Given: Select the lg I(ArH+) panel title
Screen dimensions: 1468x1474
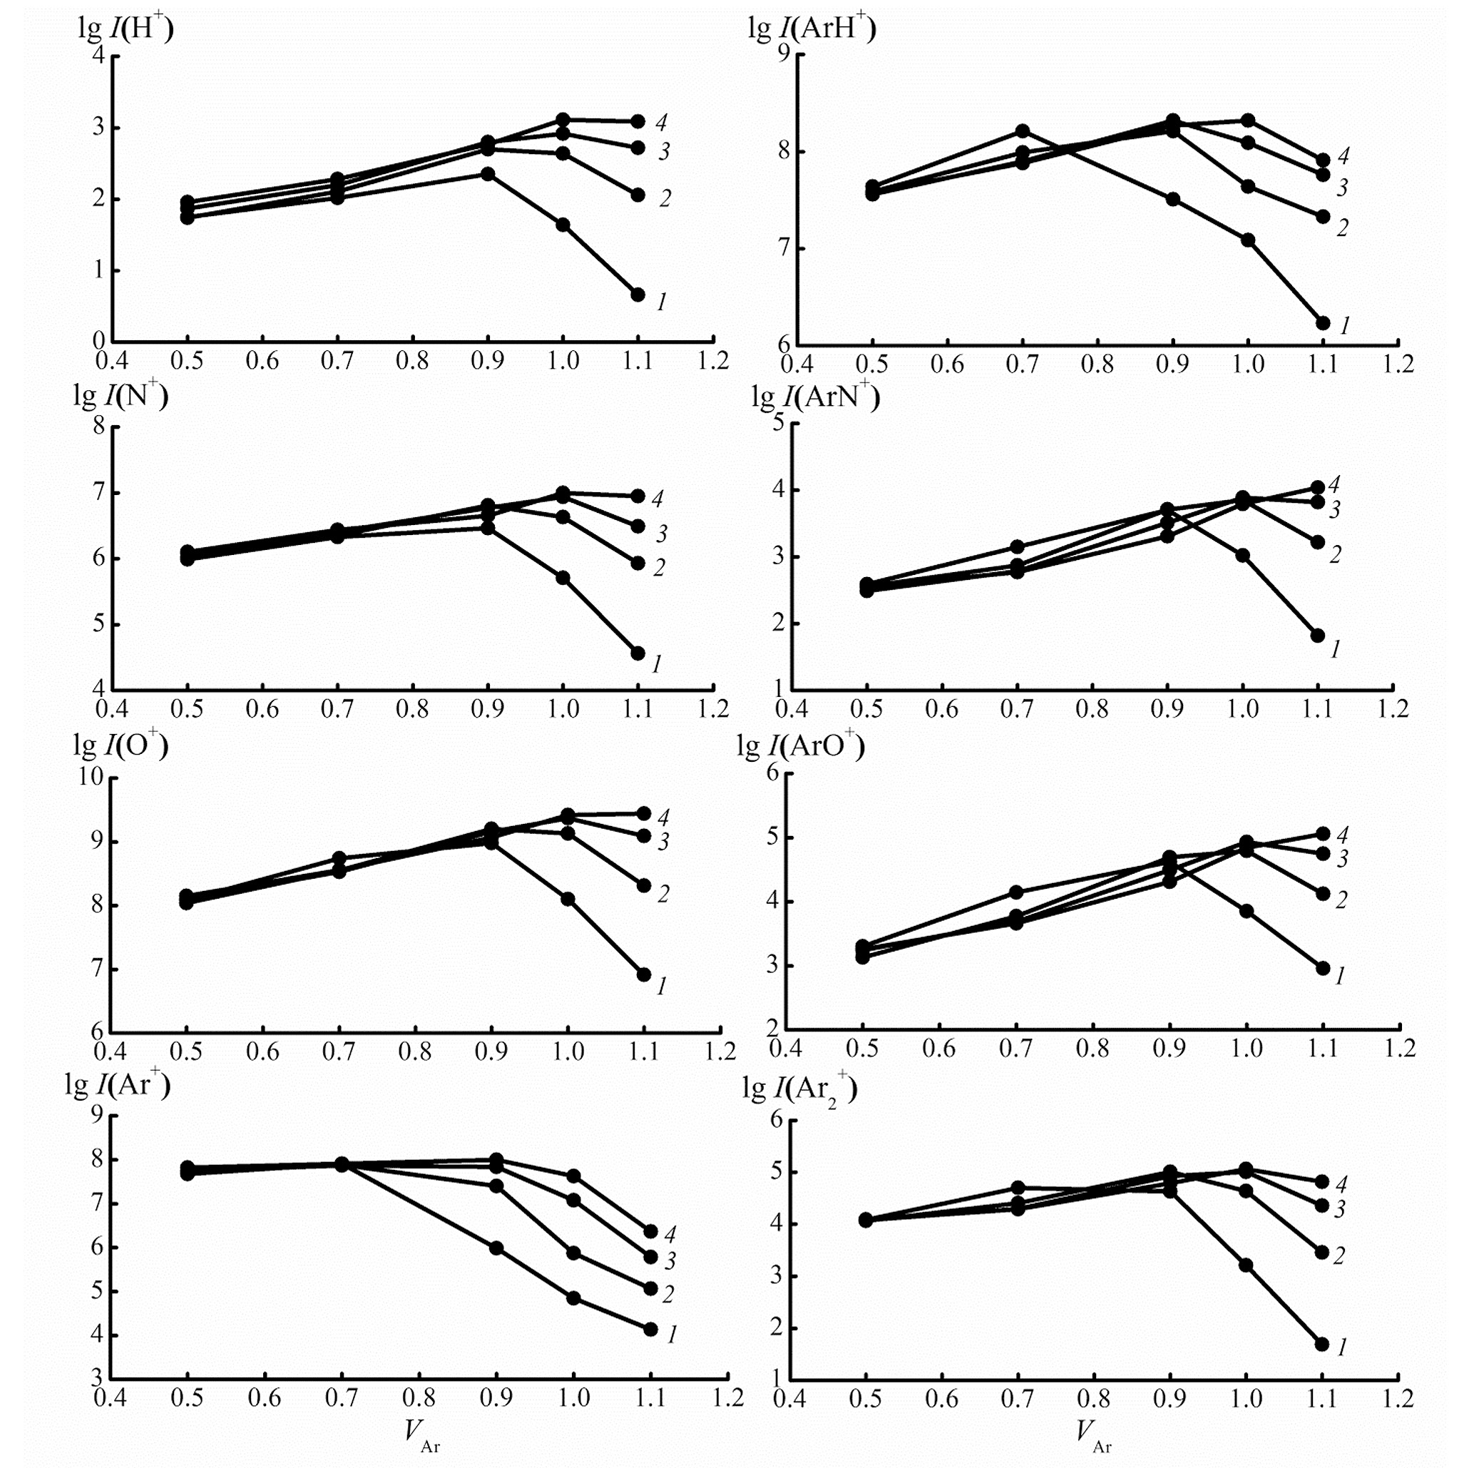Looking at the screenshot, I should coord(812,29).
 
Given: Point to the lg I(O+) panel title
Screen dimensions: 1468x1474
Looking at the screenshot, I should coord(121,745).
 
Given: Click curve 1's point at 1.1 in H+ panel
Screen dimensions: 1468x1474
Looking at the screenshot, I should coord(638,295).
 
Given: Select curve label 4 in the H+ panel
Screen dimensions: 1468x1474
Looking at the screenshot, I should coord(661,122).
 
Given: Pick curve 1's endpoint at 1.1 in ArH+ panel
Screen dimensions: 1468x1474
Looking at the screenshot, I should coord(1323,322).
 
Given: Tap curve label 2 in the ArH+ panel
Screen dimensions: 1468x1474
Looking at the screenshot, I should coord(1342,228).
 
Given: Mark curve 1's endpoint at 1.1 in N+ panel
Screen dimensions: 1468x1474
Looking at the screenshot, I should coord(638,653).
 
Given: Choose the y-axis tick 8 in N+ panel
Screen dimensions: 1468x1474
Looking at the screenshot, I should coord(99,426).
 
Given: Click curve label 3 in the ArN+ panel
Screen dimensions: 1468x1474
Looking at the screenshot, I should coord(1334,510).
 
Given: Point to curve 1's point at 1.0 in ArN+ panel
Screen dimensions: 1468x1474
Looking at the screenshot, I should coord(1243,555).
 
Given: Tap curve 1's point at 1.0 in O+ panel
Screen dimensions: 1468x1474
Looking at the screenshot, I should coord(568,899).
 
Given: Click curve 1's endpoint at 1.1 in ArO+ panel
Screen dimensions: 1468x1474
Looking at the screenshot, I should coord(1323,967).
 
